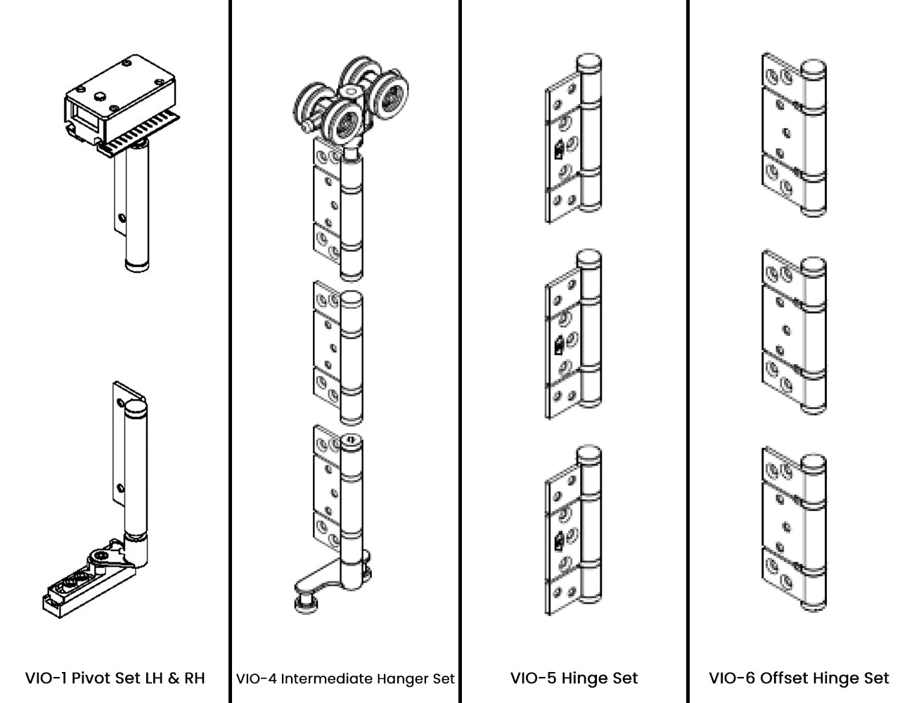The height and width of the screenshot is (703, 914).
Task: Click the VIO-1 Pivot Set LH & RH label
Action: coord(115,678)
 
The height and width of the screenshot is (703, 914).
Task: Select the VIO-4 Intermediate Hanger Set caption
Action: coord(345,679)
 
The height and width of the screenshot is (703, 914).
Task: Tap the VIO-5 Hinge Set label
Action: coord(574,678)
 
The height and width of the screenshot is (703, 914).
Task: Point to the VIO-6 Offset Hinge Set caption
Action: coord(799,678)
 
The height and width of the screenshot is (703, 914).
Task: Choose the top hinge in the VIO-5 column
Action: coord(575,141)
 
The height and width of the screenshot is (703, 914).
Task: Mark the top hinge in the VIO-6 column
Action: coord(794,134)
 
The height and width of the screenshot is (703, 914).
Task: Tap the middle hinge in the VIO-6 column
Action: coord(794,330)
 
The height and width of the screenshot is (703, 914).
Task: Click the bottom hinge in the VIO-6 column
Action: coord(794,529)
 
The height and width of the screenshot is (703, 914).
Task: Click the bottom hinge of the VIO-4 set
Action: coord(338,492)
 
